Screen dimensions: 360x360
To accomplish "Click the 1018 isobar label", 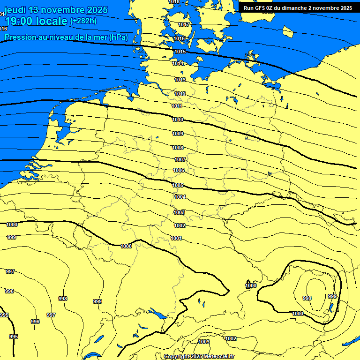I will (x=174, y=2).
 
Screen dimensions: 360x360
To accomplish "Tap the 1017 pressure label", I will (x=184, y=24).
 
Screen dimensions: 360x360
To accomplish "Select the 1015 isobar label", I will (x=180, y=52).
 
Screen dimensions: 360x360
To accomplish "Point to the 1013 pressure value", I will (x=180, y=80).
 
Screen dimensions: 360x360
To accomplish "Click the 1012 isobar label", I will (x=180, y=94).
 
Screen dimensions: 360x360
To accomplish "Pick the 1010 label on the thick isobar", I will (x=178, y=120).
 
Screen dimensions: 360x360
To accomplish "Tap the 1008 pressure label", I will (x=178, y=148).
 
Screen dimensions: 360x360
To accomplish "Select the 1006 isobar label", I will (x=179, y=170).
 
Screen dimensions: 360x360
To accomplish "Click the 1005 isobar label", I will (x=178, y=186).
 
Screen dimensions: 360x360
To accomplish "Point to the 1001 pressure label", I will (x=176, y=238).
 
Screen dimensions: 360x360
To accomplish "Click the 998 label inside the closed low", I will (x=307, y=298).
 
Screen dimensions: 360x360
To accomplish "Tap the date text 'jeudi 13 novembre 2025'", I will (x=56, y=10).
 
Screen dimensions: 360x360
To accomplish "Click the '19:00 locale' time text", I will (x=36, y=21).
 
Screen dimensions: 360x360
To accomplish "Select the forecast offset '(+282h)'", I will (x=83, y=21).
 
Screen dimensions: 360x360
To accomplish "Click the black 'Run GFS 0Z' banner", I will (x=298, y=7).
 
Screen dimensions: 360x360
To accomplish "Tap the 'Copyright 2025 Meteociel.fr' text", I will (x=199, y=356).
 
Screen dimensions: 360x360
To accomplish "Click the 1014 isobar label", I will (x=178, y=63).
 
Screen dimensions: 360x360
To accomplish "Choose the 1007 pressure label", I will (x=180, y=159).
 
